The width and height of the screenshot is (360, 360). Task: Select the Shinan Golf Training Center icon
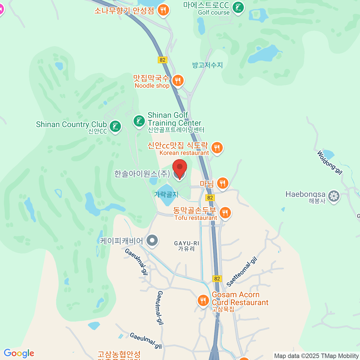point(139,121)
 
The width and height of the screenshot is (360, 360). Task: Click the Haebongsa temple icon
point(333,196)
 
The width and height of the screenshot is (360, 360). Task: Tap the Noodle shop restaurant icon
point(178,80)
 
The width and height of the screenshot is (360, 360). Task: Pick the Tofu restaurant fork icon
point(225,213)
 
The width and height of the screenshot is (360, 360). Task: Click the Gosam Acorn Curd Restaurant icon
point(203,300)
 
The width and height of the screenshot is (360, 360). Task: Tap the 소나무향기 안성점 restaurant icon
point(163,10)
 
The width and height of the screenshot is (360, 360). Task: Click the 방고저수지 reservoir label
point(207,65)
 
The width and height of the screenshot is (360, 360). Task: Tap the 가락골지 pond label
point(166,194)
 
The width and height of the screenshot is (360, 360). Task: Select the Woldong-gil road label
point(330,163)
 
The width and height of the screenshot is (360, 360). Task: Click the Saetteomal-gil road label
point(242,272)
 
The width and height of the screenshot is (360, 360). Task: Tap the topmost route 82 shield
point(162,60)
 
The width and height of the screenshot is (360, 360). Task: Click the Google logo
point(19,353)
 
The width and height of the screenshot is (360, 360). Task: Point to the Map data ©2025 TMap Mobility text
point(316,356)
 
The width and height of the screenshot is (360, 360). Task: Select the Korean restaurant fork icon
point(217,147)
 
